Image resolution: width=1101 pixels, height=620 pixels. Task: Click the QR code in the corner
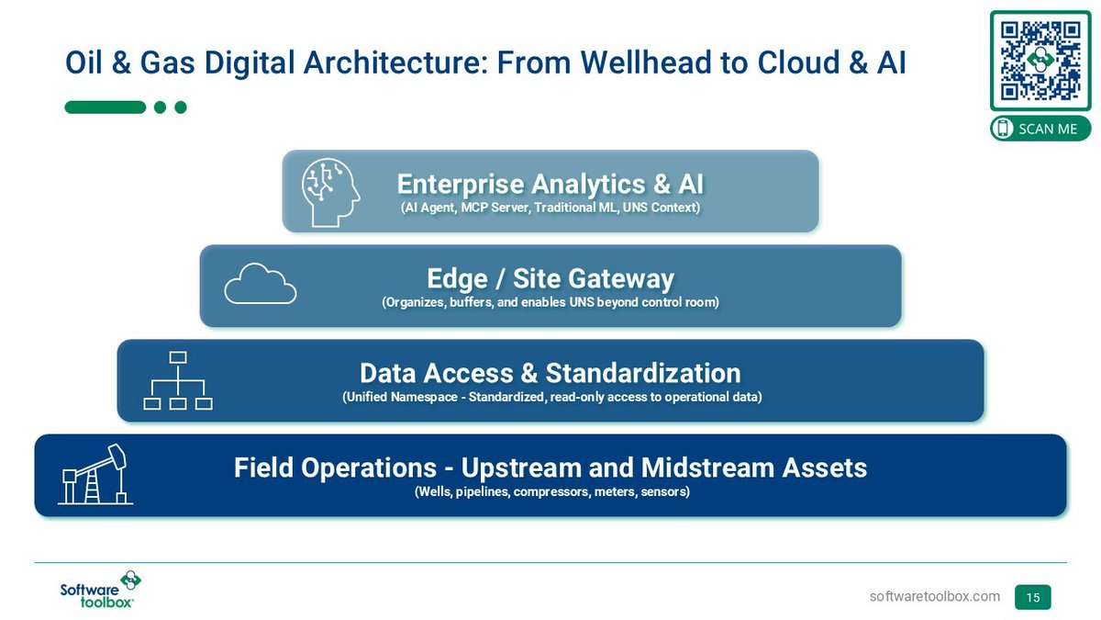[1040, 60]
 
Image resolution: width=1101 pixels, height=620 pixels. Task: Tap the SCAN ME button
[1040, 129]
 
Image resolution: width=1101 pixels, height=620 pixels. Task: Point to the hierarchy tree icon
[178, 380]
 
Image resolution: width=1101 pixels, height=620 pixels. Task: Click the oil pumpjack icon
[95, 474]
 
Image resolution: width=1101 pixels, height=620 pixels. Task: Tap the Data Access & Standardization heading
[550, 373]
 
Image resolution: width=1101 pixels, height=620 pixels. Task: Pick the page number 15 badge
[1032, 597]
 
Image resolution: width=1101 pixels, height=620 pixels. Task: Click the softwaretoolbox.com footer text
[934, 597]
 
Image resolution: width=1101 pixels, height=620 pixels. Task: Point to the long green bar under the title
[105, 107]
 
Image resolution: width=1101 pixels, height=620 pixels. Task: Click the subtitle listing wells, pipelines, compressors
[550, 492]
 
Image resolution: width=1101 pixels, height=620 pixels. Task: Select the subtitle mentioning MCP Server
[550, 209]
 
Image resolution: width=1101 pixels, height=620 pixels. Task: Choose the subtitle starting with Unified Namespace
[550, 398]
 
